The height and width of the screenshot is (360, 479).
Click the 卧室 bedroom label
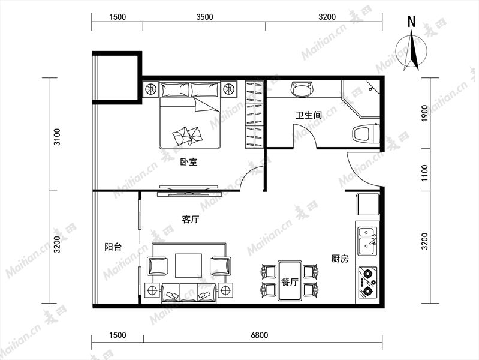[189, 162]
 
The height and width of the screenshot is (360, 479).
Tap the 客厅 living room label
[190, 220]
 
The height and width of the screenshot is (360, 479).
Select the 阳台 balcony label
[113, 247]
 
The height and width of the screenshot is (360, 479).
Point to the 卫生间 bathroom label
[309, 115]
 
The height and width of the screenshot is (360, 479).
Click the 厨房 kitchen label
[340, 259]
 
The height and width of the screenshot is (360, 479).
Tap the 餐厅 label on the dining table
[290, 282]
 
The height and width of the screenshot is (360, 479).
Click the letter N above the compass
[412, 22]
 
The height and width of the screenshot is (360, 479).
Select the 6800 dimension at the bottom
[260, 335]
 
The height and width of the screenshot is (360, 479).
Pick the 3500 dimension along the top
[204, 17]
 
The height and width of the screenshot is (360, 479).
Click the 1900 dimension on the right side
[425, 113]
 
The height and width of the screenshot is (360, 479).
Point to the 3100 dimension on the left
[57, 137]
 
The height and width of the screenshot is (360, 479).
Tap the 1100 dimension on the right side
[425, 173]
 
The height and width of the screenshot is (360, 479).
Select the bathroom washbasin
[302, 89]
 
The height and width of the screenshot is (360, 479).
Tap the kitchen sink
[367, 241]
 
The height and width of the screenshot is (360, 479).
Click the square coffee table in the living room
[188, 265]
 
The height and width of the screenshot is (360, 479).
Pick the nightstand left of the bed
[150, 89]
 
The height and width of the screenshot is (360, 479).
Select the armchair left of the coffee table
[158, 266]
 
